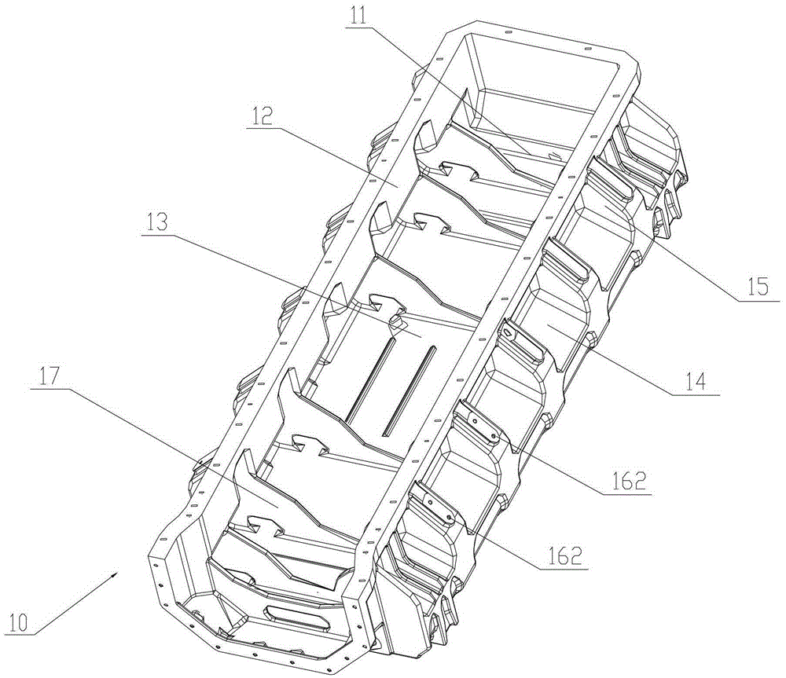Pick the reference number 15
tap(751, 288)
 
